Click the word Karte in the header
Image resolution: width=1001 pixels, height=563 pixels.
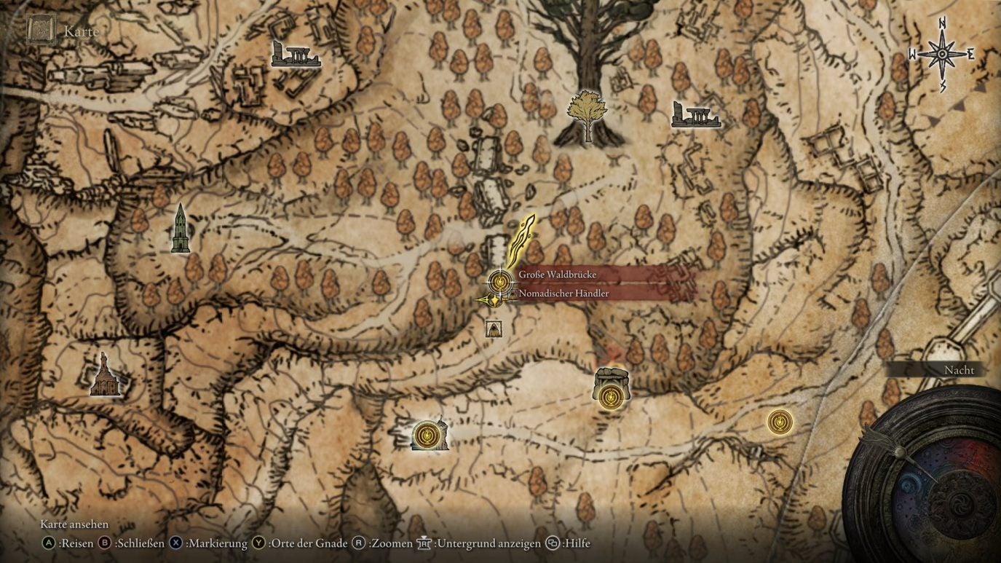[80, 31]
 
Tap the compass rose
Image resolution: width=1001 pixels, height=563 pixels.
[941, 55]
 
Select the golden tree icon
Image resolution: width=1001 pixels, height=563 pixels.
[587, 116]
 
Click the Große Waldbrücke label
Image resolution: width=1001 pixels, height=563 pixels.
[558, 275]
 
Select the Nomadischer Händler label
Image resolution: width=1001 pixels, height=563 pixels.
[563, 294]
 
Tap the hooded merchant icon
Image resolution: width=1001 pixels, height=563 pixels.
[494, 328]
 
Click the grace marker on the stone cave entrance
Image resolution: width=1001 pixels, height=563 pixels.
[610, 397]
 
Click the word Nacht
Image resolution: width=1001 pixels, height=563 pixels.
[959, 370]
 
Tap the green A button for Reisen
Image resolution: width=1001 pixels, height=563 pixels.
[49, 543]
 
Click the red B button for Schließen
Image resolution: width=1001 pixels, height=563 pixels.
[105, 543]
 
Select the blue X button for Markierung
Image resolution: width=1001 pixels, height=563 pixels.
[175, 543]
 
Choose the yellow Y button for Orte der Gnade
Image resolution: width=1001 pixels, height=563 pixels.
[259, 543]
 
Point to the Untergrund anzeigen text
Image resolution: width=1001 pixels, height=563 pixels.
[488, 543]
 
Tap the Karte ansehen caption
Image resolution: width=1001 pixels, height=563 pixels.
[74, 524]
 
